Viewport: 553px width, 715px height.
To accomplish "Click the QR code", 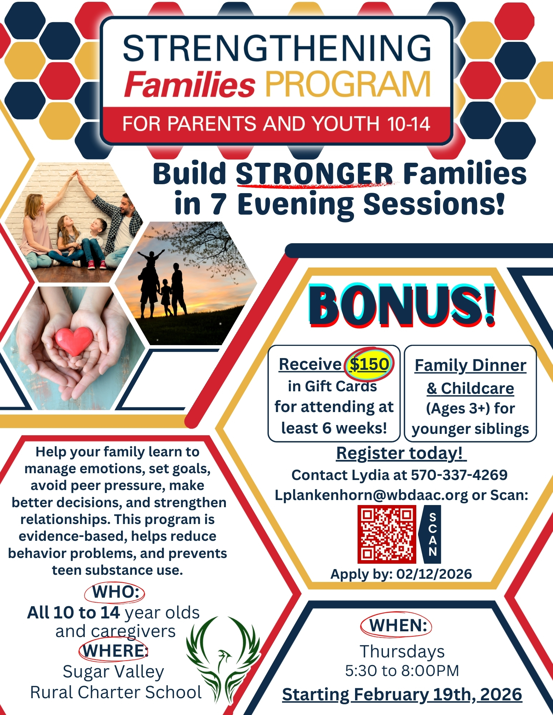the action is pyautogui.click(x=387, y=534).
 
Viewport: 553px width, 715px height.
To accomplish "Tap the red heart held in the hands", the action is pyautogui.click(x=74, y=341).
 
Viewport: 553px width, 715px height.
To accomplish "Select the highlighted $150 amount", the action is pyautogui.click(x=369, y=364).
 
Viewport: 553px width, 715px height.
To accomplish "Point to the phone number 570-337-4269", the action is pyautogui.click(x=459, y=475).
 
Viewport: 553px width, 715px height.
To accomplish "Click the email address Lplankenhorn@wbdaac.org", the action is pyautogui.click(x=371, y=495).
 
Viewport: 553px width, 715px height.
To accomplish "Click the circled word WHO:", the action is pyautogui.click(x=115, y=592).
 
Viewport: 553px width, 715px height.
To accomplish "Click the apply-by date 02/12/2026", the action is pyautogui.click(x=434, y=574).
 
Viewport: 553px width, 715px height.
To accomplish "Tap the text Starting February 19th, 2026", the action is pyautogui.click(x=402, y=694).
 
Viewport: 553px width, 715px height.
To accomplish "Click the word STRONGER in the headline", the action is pyautogui.click(x=314, y=174).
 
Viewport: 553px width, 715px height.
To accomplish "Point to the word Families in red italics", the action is pyautogui.click(x=189, y=84).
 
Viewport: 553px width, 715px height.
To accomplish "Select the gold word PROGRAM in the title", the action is pyautogui.click(x=348, y=84).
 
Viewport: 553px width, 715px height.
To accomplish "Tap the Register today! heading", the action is pyautogui.click(x=401, y=453).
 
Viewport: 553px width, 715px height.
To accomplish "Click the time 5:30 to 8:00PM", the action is pyautogui.click(x=402, y=671).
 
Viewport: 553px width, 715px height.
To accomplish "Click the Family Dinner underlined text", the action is pyautogui.click(x=470, y=366).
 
